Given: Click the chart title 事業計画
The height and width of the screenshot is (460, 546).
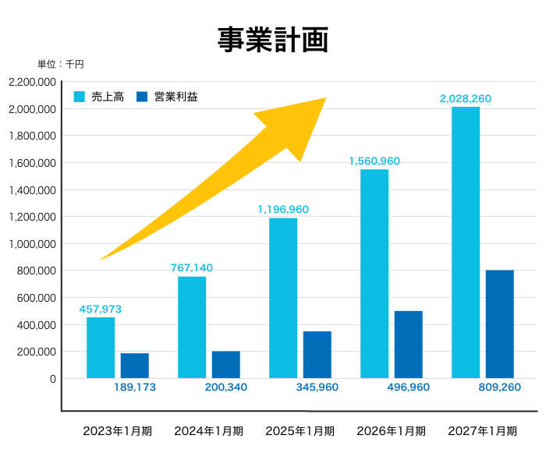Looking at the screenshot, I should [272, 40].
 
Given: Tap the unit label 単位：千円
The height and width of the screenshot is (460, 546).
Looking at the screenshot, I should [61, 65].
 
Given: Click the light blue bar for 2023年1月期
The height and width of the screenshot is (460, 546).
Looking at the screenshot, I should [101, 348].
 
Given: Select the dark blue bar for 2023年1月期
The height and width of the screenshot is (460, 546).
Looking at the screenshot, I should [134, 366].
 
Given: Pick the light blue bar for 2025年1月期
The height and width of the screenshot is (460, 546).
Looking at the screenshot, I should [283, 298].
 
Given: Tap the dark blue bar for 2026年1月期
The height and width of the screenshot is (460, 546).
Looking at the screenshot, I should [409, 345].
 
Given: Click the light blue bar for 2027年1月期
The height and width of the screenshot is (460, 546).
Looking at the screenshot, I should [466, 242].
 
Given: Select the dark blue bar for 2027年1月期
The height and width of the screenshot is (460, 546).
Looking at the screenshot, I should [499, 324].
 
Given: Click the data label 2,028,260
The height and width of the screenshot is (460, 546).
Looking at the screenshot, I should [466, 99].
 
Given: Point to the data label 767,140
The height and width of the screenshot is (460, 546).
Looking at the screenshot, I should [192, 268].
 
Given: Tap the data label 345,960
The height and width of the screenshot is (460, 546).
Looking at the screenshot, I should [317, 387].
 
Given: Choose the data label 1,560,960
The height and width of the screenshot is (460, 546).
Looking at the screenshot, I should [374, 161].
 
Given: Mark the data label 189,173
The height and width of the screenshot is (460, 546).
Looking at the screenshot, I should [135, 387].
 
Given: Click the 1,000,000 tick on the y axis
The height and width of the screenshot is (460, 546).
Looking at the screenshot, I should [32, 244].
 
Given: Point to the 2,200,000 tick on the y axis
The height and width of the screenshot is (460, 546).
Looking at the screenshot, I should [32, 82].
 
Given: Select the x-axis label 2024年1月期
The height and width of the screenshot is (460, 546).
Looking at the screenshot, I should [208, 431].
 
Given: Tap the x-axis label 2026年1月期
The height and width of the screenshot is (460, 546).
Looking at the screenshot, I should [391, 431].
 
